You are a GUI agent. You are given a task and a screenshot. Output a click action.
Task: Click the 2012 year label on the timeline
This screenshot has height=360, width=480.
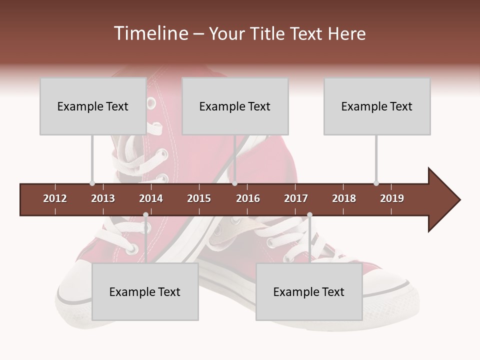(55, 198)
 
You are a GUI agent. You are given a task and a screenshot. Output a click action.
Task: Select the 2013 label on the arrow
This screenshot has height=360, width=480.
(103, 198)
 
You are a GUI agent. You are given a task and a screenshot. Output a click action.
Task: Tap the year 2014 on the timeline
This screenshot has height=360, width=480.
(151, 198)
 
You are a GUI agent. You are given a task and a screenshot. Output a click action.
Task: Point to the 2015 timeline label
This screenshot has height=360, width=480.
(199, 198)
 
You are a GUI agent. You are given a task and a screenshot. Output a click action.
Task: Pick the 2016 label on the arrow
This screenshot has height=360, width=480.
(248, 198)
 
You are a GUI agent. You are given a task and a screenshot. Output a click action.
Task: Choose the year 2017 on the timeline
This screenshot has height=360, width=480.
(296, 198)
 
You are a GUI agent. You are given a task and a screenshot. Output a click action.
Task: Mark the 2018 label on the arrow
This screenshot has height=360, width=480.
(344, 198)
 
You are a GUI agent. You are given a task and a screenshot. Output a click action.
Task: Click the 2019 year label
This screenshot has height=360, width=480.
(392, 198)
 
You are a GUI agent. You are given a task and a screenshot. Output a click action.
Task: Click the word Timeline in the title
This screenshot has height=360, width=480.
(150, 33)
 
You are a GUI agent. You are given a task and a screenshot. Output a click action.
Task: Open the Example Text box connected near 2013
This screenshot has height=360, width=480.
(93, 106)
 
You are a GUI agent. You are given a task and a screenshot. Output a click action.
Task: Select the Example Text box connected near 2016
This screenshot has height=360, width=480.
(235, 106)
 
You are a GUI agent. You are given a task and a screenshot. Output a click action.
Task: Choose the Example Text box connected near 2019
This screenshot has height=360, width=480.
(377, 106)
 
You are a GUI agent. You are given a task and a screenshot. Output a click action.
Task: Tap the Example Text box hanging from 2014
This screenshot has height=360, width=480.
(145, 291)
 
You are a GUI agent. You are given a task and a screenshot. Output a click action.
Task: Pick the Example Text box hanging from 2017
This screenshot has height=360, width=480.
(309, 291)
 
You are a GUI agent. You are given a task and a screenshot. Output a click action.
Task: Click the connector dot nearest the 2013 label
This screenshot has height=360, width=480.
(92, 183)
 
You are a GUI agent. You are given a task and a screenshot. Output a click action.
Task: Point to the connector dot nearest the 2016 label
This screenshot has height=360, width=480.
(235, 183)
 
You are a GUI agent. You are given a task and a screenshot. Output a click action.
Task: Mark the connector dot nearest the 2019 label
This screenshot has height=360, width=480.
(376, 183)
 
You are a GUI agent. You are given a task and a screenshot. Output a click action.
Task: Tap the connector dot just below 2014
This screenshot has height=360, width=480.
(145, 215)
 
